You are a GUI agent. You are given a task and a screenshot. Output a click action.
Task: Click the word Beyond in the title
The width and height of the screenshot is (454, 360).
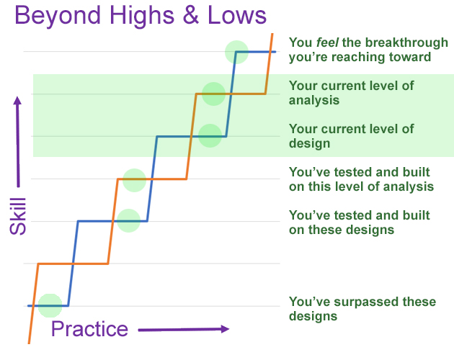pos(58,17)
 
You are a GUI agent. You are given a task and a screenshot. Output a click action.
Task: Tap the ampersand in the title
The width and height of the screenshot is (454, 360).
pos(190,15)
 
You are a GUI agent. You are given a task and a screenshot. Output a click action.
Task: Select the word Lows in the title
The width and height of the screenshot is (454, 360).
pos(237,15)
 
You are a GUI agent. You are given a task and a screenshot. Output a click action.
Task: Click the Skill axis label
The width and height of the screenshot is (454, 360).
pos(18,216)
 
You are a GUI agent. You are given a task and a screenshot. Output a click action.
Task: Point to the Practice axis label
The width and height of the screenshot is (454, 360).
pos(89,330)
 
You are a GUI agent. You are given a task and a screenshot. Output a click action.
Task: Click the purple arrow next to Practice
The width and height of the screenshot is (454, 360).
pos(184,329)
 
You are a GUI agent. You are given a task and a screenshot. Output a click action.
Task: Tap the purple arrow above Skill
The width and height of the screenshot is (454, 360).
pos(18,142)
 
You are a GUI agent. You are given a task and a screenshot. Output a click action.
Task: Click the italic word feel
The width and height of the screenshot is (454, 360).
pos(327,42)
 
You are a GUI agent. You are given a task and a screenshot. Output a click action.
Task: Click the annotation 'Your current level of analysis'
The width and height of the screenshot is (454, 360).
pos(351,93)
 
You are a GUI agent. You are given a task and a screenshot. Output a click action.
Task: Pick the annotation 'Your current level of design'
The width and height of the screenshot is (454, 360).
pos(351,136)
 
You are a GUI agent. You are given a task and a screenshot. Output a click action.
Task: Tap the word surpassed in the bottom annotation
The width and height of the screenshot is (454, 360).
pos(367,302)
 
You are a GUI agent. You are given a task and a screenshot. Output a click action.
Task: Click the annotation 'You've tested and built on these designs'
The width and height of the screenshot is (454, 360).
pos(359,222)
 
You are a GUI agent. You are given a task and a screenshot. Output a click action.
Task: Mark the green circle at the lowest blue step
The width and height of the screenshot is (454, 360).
pos(50,305)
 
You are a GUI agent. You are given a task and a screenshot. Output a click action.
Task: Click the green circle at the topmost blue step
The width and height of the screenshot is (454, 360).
pos(237,52)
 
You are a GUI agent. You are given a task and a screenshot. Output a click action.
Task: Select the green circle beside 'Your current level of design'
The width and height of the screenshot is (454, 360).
pos(210,136)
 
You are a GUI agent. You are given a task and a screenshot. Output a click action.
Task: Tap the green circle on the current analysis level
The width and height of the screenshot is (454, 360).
pos(214,94)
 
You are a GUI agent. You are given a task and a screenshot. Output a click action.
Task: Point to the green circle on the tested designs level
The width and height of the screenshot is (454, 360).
pos(128,221)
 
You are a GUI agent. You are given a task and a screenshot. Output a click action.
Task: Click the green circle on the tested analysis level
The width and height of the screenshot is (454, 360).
pos(134,180)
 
